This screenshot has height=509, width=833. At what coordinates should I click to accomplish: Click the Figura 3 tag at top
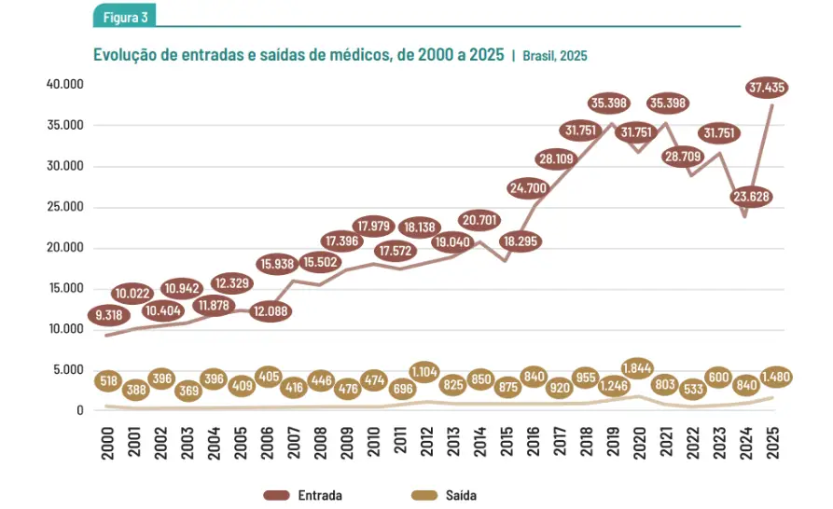click(125, 16)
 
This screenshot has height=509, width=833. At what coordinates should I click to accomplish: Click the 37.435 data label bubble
click(768, 88)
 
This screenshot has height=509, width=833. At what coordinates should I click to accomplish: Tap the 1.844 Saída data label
click(639, 365)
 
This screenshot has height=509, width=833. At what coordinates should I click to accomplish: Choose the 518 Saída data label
click(110, 380)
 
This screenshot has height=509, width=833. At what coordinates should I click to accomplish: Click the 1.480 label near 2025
click(775, 378)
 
